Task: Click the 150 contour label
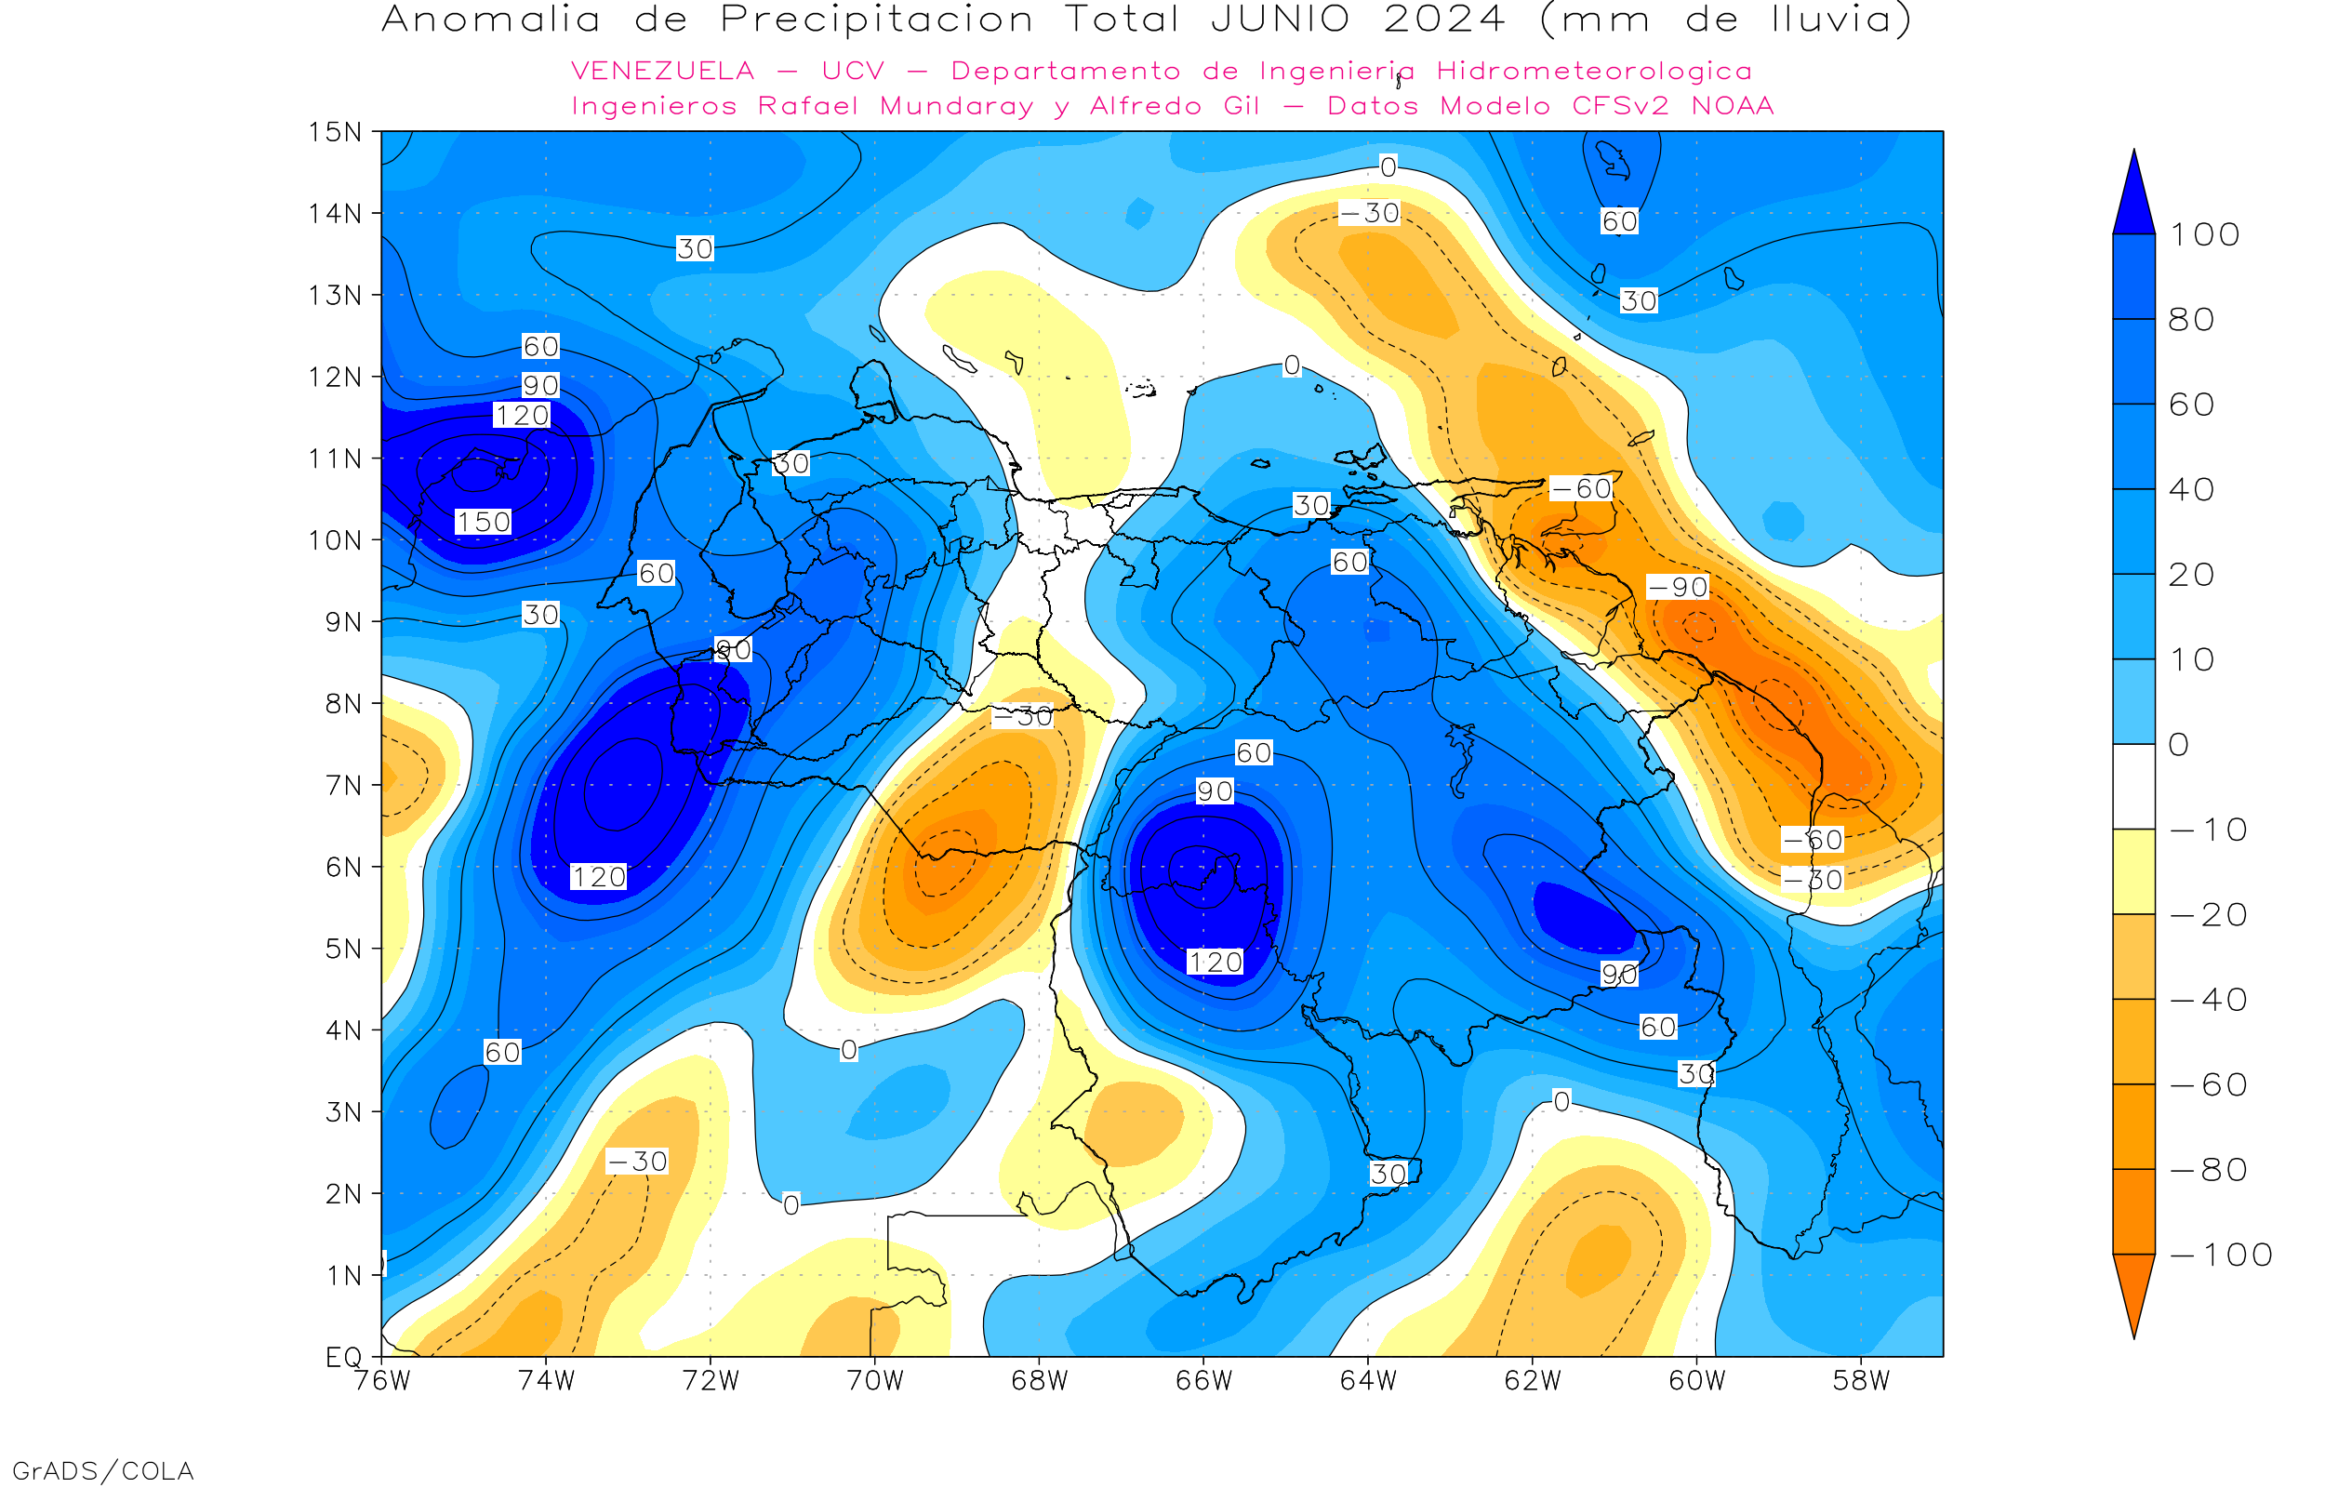click(x=483, y=523)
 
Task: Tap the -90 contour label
click(x=1678, y=588)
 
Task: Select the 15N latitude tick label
click(x=335, y=132)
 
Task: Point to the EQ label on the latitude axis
click(x=344, y=1358)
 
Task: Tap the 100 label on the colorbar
click(x=2204, y=234)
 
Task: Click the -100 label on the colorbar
click(x=2222, y=1255)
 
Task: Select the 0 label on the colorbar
click(x=2179, y=745)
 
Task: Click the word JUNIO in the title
click(x=1280, y=20)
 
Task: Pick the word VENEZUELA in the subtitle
click(x=663, y=72)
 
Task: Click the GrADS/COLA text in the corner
click(x=103, y=1471)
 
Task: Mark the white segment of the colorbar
click(x=2133, y=787)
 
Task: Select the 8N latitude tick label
click(x=343, y=704)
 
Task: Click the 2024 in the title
click(x=1444, y=20)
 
